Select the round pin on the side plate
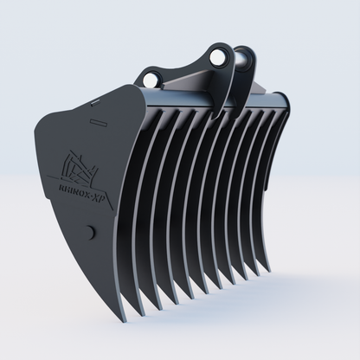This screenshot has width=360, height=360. click(89, 232)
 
